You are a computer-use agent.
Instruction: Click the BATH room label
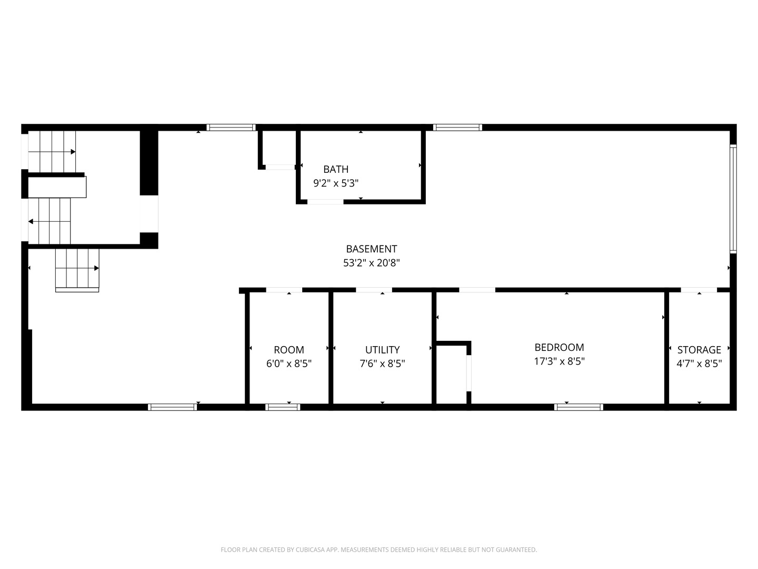[x=336, y=169]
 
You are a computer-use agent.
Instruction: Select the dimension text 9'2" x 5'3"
[x=336, y=183]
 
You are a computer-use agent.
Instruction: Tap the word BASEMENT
[x=371, y=249]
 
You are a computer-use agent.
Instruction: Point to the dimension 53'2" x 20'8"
[x=371, y=263]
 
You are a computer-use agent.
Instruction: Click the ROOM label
[x=288, y=350]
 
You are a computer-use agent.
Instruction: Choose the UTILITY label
[x=382, y=350]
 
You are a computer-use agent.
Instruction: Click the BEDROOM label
[x=559, y=347]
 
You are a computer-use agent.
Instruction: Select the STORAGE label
[x=699, y=350]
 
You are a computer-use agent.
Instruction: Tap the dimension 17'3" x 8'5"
[x=559, y=361]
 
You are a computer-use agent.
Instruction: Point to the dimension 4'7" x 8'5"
[x=699, y=364]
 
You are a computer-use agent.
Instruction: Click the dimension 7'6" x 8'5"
[x=382, y=364]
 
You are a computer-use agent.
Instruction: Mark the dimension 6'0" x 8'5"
[x=288, y=364]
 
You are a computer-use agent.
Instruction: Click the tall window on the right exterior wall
[x=733, y=198]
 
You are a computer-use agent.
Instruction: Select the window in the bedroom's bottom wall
[x=579, y=407]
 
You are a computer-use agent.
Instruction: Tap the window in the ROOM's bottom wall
[x=283, y=407]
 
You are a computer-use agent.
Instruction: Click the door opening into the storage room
[x=699, y=290]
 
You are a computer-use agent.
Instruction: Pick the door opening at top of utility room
[x=374, y=290]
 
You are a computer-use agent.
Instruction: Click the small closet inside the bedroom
[x=452, y=374]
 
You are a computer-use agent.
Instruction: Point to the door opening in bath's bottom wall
[x=325, y=201]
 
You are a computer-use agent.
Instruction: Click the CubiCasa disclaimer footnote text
[x=378, y=550]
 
